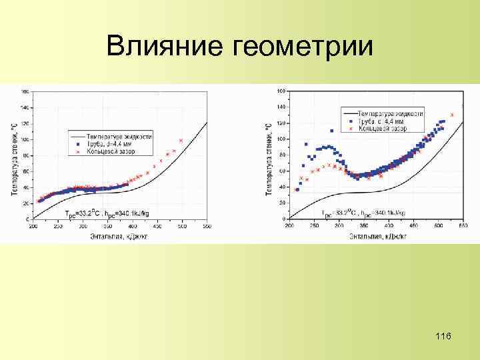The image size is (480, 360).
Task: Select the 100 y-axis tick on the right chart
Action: (x=281, y=139)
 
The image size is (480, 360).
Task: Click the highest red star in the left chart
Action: (x=181, y=141)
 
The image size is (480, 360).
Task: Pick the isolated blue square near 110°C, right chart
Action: (x=332, y=131)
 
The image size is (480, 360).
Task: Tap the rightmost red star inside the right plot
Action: (x=453, y=115)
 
